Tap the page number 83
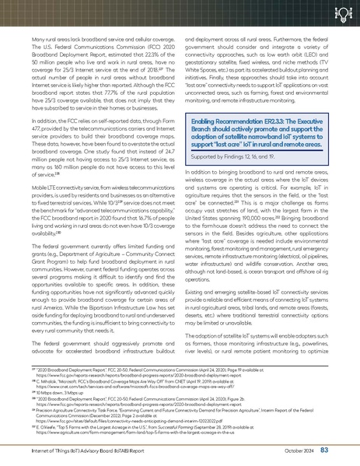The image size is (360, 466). pyautogui.click(x=346, y=450)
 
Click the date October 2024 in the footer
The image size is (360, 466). pyautogui.click(x=316, y=450)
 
